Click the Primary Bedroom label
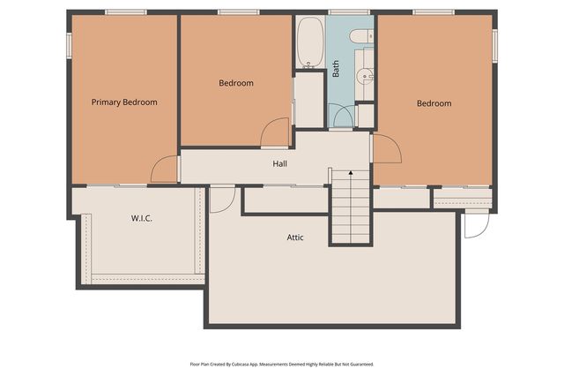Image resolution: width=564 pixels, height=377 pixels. point(124,102)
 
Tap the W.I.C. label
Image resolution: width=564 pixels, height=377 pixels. point(142,218)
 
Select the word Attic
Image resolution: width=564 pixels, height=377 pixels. point(295,238)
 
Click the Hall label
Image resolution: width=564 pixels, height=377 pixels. point(279,163)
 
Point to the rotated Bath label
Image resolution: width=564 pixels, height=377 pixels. point(337,69)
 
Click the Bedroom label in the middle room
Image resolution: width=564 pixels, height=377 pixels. point(235,84)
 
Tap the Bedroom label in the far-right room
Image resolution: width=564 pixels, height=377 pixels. point(434,103)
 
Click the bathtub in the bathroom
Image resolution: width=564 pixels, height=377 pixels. point(310,41)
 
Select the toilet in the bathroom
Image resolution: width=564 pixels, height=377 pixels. point(360,36)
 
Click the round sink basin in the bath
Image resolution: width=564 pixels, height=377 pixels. point(363,77)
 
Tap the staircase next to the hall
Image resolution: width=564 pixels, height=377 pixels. point(349,212)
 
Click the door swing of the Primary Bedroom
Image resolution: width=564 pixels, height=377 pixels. point(165,170)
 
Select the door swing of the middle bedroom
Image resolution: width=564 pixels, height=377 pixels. point(276,133)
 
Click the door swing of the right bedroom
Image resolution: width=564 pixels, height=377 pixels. point(387,149)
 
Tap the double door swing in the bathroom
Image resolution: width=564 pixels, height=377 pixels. point(343,116)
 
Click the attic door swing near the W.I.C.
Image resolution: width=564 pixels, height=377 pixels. point(221,200)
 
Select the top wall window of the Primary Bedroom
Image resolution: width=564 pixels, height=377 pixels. point(125,11)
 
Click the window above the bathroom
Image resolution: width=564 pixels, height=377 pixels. point(349,11)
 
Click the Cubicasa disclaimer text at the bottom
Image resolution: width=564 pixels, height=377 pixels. point(282,364)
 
